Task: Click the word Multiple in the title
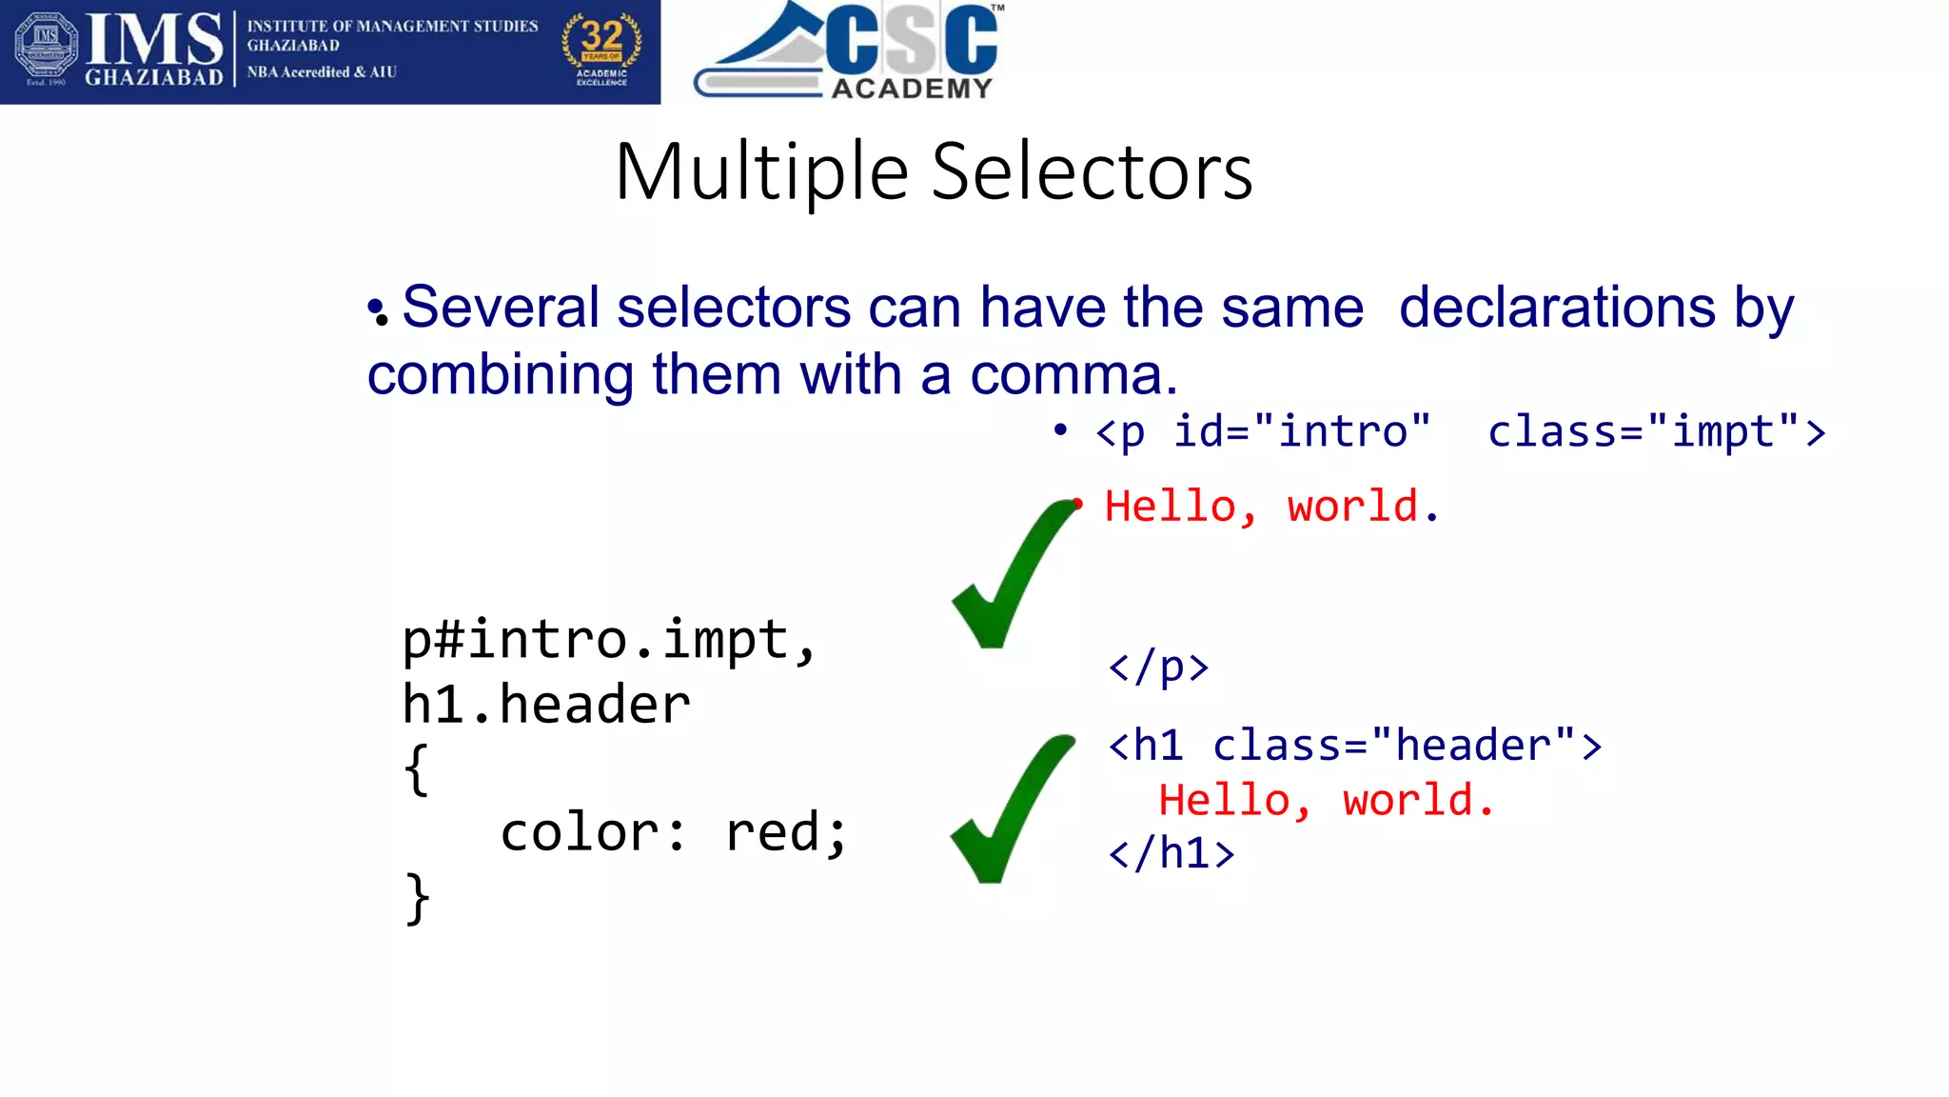761,173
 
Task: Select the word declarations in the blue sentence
1557,308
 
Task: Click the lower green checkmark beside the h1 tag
1009,809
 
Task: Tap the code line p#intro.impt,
609,639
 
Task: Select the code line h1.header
546,705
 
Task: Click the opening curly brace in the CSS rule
416,768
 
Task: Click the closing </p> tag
1158,667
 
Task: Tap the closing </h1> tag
1171,853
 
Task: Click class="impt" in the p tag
1655,431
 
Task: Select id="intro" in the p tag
1301,431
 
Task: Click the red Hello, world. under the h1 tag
1326,800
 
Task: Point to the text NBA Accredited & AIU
322,72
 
